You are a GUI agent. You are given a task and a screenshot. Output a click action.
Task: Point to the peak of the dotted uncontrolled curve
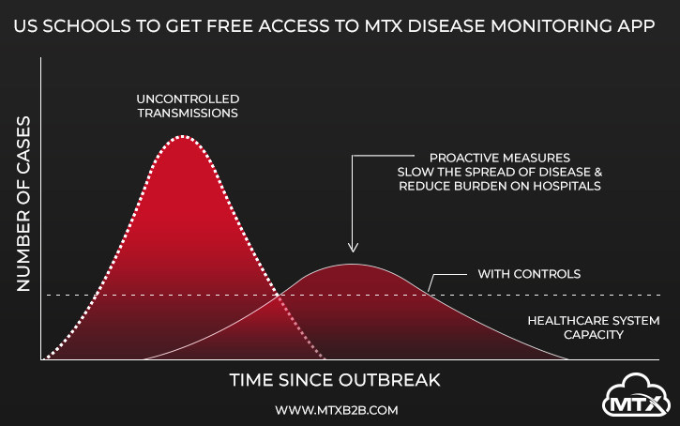coord(183,137)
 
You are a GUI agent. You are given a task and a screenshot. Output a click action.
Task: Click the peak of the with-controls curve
coord(352,265)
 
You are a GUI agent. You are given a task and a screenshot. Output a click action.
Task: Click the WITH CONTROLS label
coord(529,275)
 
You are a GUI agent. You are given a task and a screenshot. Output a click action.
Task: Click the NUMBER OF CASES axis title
coord(24,205)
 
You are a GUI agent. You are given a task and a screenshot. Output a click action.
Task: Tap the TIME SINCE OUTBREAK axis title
coord(335,380)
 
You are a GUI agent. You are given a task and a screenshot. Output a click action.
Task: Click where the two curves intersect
coord(279,296)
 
